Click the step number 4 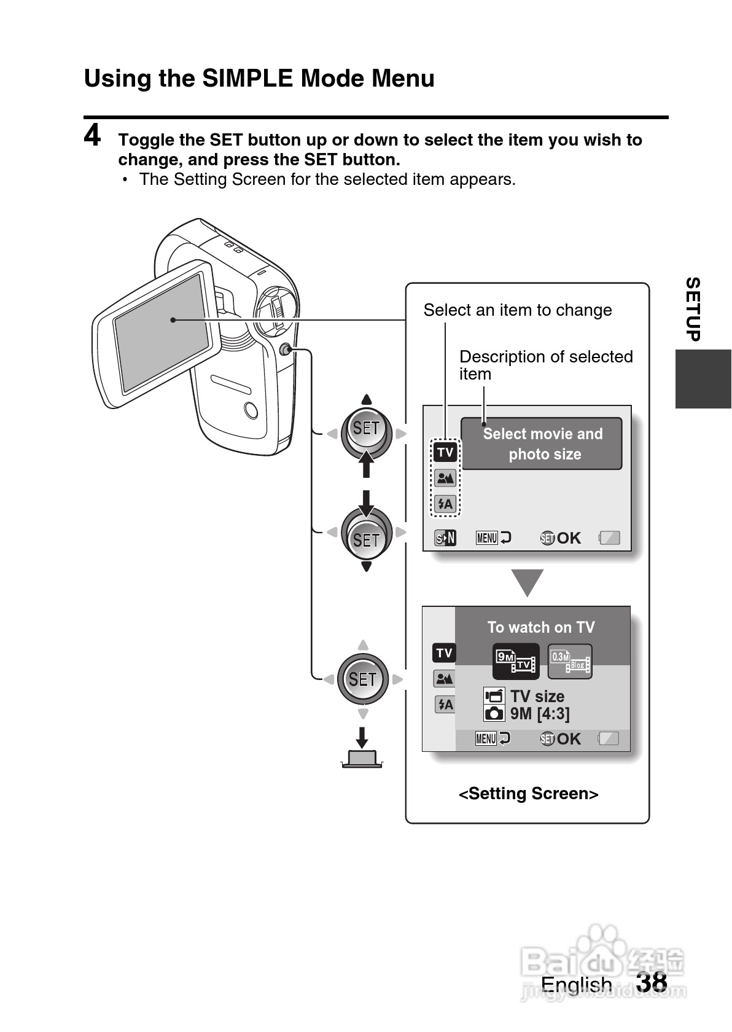[x=93, y=136]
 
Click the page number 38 [x=652, y=982]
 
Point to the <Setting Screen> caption [x=528, y=794]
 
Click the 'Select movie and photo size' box [x=542, y=444]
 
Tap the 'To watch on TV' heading [x=541, y=627]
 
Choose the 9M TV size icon [x=516, y=661]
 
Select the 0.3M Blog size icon [x=570, y=661]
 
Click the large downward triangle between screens [x=528, y=583]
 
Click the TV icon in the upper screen [x=445, y=453]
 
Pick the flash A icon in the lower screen [x=445, y=705]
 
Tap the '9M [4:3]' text [x=540, y=714]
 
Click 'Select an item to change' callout [x=517, y=310]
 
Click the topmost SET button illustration [x=367, y=428]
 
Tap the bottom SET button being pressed [x=362, y=679]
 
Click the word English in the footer [x=576, y=984]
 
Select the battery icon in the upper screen [x=610, y=538]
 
